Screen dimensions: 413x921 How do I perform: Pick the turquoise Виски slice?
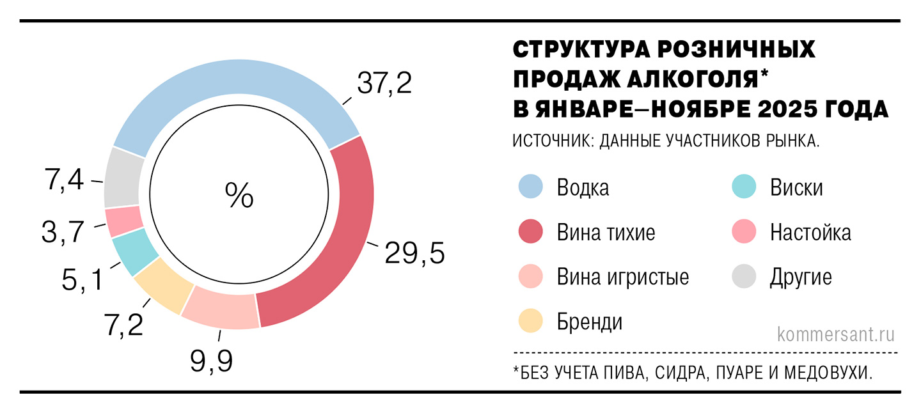134,251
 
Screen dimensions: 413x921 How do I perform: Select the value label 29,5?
414,254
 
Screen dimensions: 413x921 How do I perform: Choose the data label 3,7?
63,232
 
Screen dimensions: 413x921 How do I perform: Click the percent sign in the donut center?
239,195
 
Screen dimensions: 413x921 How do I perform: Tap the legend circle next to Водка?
530,188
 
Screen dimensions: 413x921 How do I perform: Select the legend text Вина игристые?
622,277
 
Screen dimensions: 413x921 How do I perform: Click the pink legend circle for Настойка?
744,233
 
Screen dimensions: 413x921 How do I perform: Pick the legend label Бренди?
589,322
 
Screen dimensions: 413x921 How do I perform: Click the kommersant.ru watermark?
835,334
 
